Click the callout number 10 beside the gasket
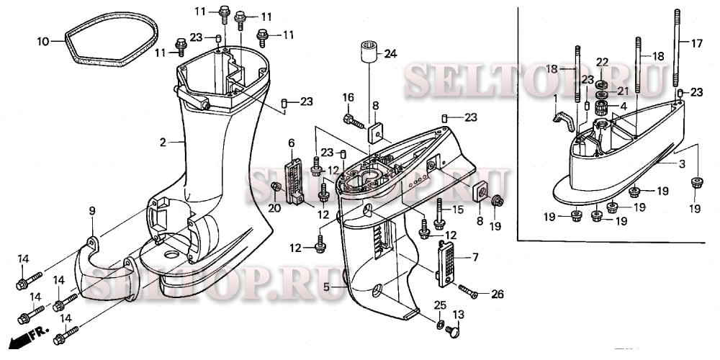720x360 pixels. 43,42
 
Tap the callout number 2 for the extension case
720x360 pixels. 163,143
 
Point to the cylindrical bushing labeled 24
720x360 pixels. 369,54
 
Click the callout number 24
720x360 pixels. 390,53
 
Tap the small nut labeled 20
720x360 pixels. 275,188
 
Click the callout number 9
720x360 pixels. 92,210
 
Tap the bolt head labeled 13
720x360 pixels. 453,332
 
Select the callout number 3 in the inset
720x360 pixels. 681,164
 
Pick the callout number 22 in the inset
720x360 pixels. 602,62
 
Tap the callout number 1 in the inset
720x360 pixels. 555,96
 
